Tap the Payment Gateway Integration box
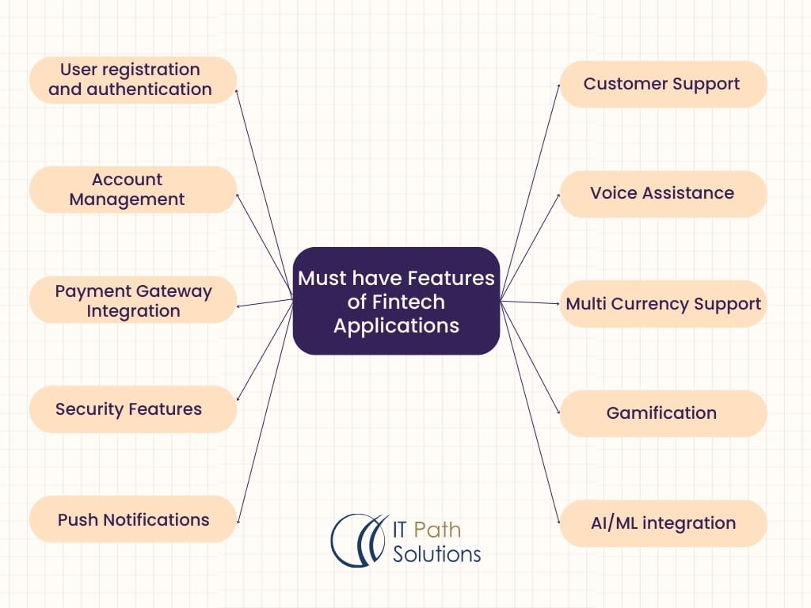coord(133,300)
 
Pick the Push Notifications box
coord(133,519)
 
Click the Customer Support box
coord(663,83)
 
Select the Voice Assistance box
coord(663,193)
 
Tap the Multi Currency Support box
coord(663,303)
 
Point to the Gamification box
coord(663,412)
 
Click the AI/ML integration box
coord(663,522)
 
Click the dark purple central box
coord(396,301)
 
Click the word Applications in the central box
coord(396,325)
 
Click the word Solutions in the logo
coord(436,553)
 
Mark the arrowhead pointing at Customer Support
coord(558,85)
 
